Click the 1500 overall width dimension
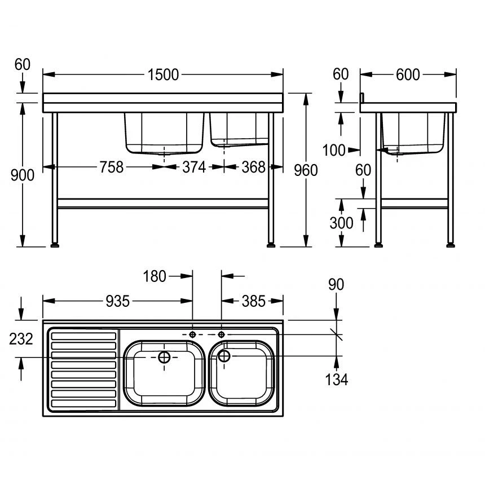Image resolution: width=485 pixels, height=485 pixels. click(x=163, y=74)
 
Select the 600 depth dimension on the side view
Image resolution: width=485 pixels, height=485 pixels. click(x=408, y=74)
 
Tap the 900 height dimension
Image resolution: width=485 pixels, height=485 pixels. click(x=23, y=175)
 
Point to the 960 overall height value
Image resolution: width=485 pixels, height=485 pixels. click(x=306, y=170)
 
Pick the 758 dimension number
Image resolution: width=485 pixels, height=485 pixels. click(x=111, y=167)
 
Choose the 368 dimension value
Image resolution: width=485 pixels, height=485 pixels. click(x=254, y=167)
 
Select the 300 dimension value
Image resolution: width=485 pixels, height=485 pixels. click(x=341, y=223)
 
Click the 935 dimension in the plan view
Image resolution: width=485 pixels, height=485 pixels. click(x=118, y=301)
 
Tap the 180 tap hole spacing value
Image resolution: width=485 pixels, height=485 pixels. click(x=155, y=276)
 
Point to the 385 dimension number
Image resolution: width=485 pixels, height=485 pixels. click(x=253, y=301)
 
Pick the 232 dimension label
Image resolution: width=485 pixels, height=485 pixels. click(x=21, y=338)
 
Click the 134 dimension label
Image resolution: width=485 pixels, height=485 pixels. click(x=336, y=380)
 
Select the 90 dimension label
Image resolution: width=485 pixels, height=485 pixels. click(x=336, y=285)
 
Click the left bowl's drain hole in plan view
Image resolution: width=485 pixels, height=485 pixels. click(x=164, y=357)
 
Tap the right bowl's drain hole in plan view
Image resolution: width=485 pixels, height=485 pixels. click(x=224, y=356)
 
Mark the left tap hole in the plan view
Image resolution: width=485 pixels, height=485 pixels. click(x=193, y=334)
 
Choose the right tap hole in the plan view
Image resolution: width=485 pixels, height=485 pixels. click(x=221, y=334)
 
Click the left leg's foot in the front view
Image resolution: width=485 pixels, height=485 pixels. click(x=55, y=245)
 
